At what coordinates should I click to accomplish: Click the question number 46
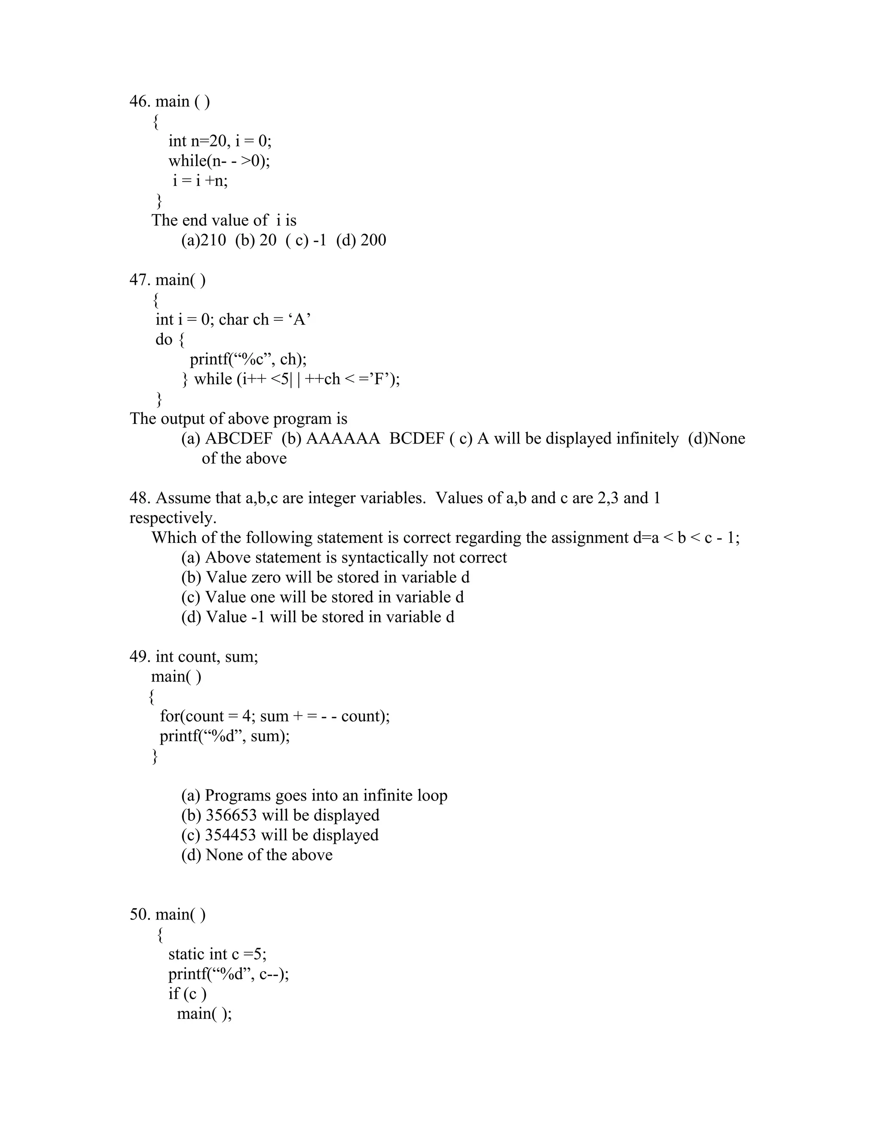click(x=139, y=101)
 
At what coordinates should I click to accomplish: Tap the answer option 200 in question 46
click(x=373, y=240)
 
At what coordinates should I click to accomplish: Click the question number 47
click(x=139, y=280)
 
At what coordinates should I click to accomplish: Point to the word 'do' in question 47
click(x=164, y=339)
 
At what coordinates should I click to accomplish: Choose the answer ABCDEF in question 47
click(x=239, y=438)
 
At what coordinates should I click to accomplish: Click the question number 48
click(x=139, y=498)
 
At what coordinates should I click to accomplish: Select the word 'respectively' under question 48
click(x=172, y=518)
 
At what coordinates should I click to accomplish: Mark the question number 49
click(x=139, y=657)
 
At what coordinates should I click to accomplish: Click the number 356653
click(x=231, y=815)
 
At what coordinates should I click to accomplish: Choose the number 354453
click(x=230, y=835)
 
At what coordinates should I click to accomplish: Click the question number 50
click(x=140, y=914)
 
